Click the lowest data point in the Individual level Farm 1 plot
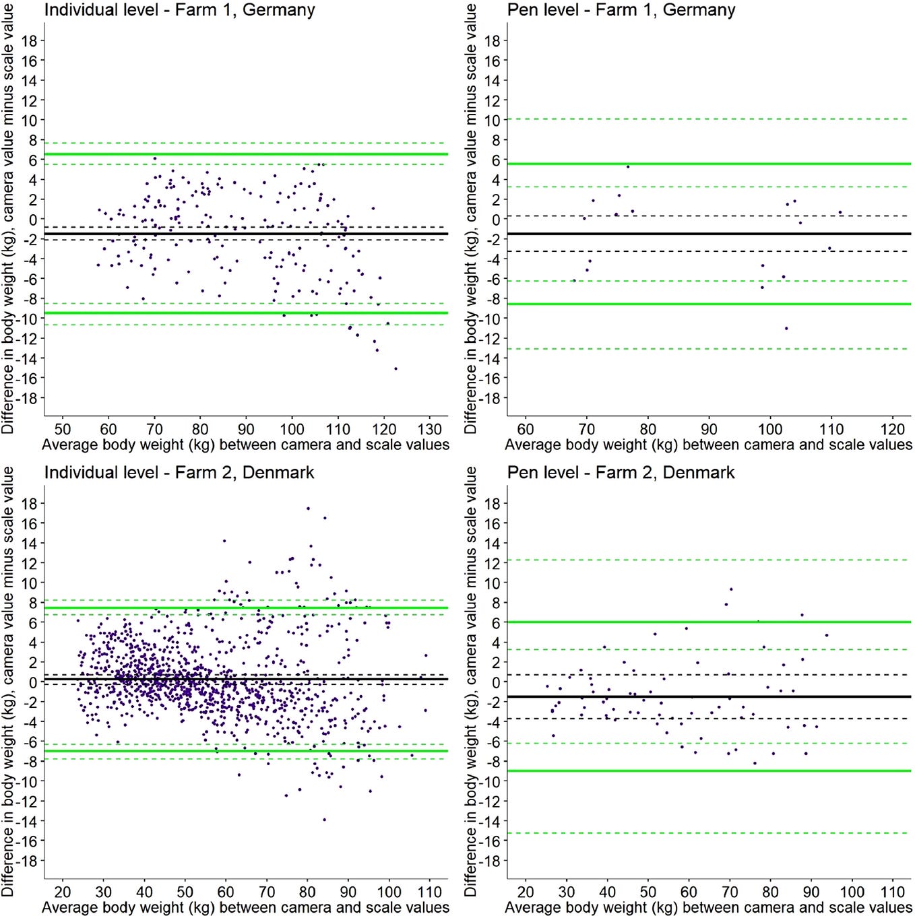[x=396, y=368]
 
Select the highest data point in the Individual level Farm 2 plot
[x=308, y=509]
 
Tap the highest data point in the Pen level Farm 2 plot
[x=731, y=589]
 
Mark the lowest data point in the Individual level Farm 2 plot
[x=324, y=820]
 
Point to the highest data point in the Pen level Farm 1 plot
[x=628, y=166]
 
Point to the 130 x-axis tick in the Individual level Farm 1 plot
[x=430, y=429]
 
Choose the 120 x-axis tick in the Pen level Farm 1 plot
[x=893, y=429]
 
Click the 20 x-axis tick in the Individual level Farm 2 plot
[x=62, y=892]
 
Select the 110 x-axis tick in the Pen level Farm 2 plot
[x=893, y=892]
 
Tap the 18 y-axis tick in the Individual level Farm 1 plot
[x=29, y=40]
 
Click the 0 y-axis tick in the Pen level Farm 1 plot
[x=496, y=220]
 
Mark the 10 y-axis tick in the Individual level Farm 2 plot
[x=29, y=583]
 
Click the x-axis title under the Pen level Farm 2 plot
[x=708, y=907]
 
